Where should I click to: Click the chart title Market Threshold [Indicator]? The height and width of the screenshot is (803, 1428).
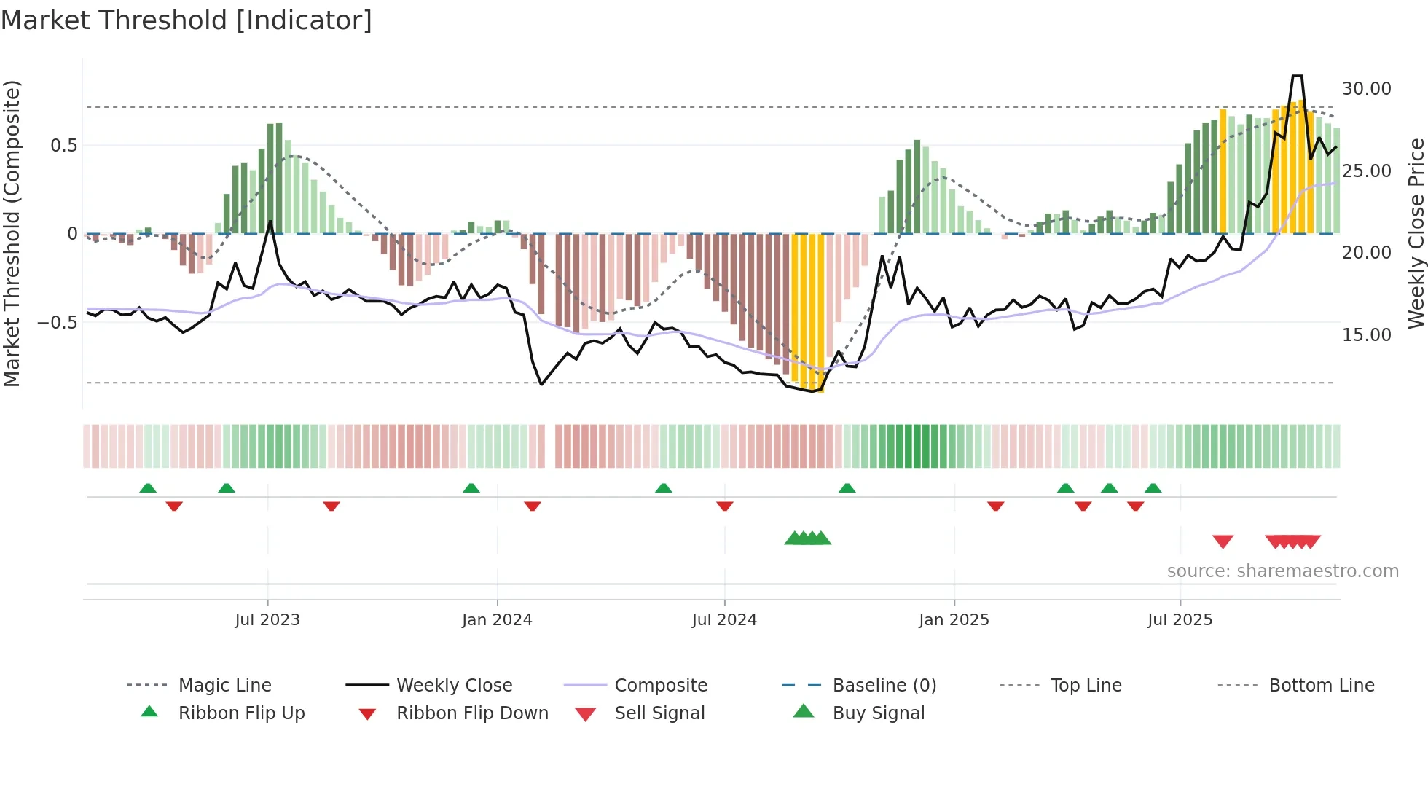tap(187, 20)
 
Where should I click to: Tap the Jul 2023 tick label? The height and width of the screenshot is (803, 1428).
tap(267, 620)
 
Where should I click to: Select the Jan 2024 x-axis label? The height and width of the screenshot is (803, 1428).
tap(497, 620)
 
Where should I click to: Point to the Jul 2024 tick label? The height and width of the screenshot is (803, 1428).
tap(724, 620)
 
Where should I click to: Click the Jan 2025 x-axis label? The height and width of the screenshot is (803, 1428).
tap(954, 620)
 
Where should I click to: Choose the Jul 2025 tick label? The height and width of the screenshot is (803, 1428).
tap(1180, 620)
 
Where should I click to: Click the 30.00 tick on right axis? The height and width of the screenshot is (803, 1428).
tap(1366, 89)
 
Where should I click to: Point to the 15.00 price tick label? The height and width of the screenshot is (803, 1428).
tap(1366, 335)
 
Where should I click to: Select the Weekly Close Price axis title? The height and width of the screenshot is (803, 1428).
tap(1416, 233)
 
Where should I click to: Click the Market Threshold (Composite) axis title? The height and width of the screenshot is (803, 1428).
tap(12, 233)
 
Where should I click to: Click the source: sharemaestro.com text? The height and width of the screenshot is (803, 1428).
tap(1282, 571)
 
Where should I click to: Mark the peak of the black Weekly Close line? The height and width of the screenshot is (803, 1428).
tap(1297, 76)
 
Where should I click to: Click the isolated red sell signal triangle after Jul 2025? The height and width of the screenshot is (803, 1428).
tap(1223, 541)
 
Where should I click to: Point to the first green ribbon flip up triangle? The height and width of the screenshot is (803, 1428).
tap(148, 488)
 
